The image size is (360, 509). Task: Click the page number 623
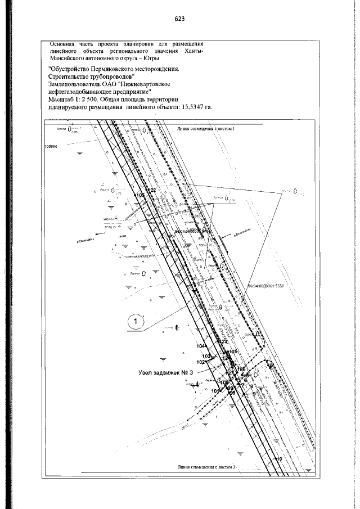click(180, 19)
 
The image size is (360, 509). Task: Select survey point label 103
click(206, 357)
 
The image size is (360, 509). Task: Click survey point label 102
click(201, 363)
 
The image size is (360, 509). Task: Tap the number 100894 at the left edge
click(51, 145)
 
